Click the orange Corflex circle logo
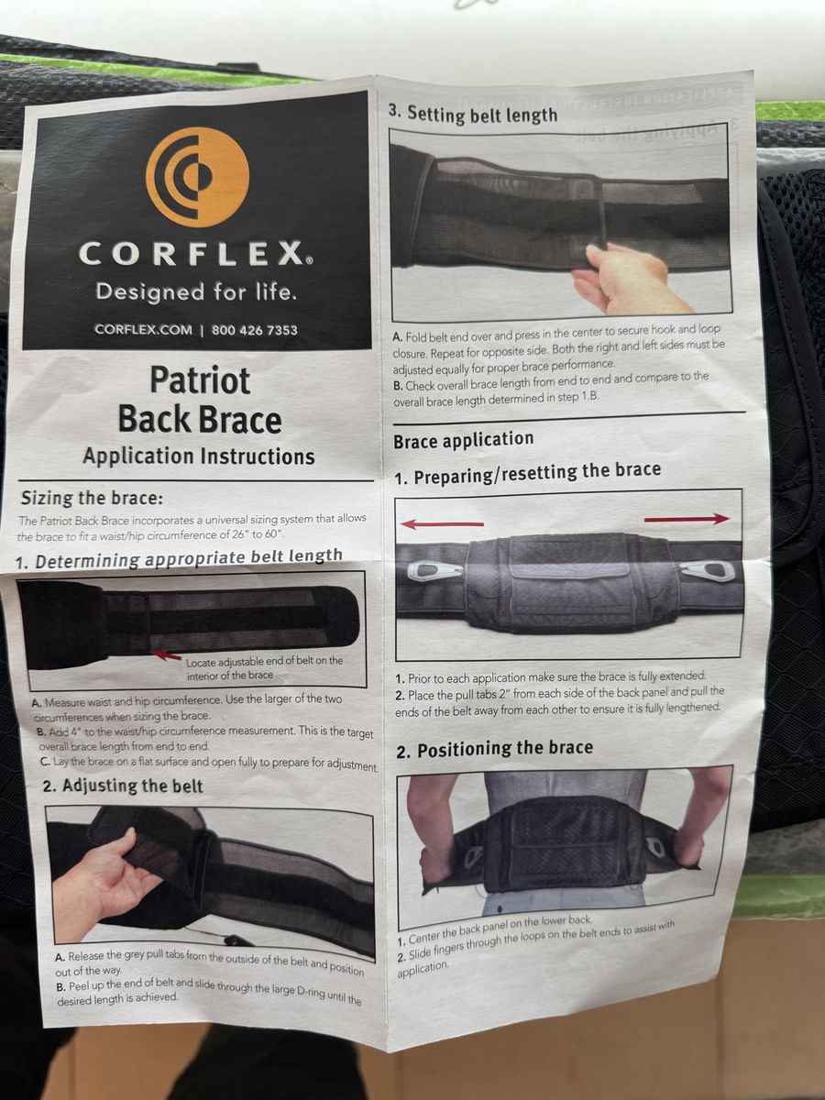pyautogui.click(x=197, y=178)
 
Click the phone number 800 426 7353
pyautogui.click(x=255, y=330)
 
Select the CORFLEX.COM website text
pyautogui.click(x=143, y=330)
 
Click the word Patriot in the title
pyautogui.click(x=200, y=380)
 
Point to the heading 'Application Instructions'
pyautogui.click(x=199, y=456)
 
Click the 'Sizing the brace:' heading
pyautogui.click(x=93, y=498)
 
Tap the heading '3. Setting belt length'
pyautogui.click(x=472, y=115)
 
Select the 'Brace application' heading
pyautogui.click(x=463, y=440)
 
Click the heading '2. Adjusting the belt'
pyautogui.click(x=123, y=786)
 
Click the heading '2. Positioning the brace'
pyautogui.click(x=495, y=749)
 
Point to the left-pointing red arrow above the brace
pyautogui.click(x=442, y=524)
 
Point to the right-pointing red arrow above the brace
pyautogui.click(x=687, y=519)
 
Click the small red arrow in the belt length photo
pyautogui.click(x=168, y=654)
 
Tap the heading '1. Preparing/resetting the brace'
pyautogui.click(x=527, y=473)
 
